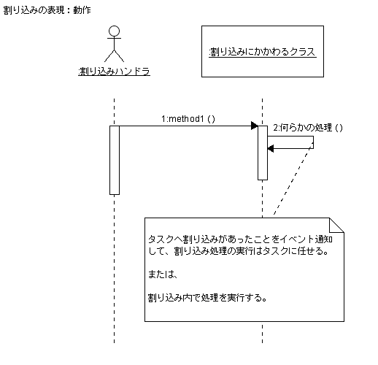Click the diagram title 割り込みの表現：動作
pos(47,10)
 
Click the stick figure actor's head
pos(114,31)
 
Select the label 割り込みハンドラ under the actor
pos(114,71)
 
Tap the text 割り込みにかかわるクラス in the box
pos(263,52)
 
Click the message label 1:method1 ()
pos(188,119)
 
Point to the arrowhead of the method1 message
pos(255,126)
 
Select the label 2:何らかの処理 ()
pos(308,128)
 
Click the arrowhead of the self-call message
pos(271,148)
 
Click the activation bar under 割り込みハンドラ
pos(115,160)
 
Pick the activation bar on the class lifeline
pos(263,153)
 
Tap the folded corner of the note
pos(336,225)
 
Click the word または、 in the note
pos(163,274)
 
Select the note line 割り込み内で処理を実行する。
pos(207,298)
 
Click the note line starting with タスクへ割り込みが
pos(240,239)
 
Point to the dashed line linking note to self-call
pos(293,180)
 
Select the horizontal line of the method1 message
pos(185,126)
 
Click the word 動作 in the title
pos(82,10)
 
